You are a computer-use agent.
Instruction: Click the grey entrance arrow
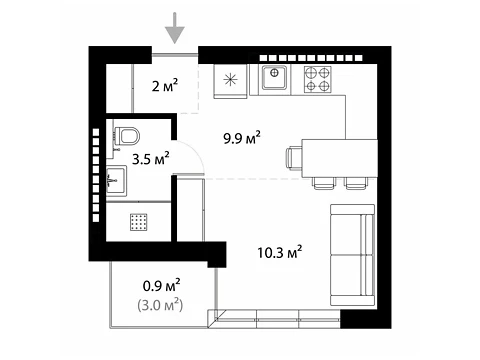coord(175,28)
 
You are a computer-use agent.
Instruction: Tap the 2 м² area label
coord(165,85)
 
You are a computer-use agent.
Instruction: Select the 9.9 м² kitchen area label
coord(242,137)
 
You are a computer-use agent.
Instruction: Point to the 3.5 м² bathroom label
coord(151,158)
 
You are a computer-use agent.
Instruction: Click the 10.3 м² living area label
coord(280,252)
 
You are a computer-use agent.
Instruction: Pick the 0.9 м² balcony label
coord(162,285)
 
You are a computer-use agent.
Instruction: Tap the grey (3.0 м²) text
coord(160,305)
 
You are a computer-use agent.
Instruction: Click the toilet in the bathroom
coord(126,136)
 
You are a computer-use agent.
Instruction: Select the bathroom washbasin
coord(116,181)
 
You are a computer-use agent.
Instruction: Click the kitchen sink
coord(274,77)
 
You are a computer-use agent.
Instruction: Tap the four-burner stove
coord(317,79)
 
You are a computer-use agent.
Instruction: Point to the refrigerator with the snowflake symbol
coord(230,81)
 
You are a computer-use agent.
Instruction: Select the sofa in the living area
coord(352,255)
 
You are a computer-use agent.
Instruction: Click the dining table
coord(339,158)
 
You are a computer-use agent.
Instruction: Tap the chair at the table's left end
coord(294,159)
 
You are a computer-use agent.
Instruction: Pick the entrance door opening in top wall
coord(175,55)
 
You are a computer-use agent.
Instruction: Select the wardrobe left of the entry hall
coord(120,88)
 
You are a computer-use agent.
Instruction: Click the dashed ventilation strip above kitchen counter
coord(311,58)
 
